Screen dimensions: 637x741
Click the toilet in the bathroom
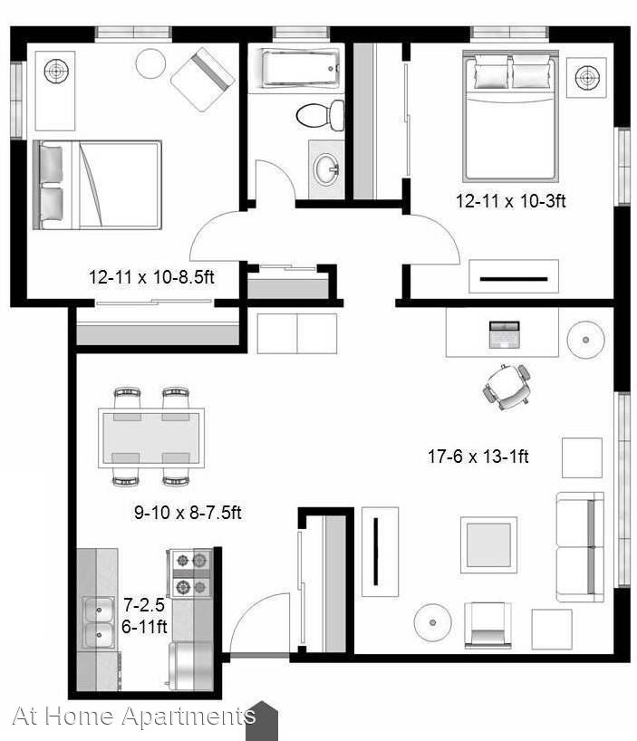[320, 115]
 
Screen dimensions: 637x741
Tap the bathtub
[300, 69]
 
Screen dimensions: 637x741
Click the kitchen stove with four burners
[189, 573]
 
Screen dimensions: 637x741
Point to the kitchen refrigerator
[190, 665]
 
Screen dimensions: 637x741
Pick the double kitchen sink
[99, 622]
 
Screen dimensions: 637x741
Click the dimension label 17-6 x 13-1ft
[478, 457]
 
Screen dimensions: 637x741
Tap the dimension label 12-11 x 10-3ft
[510, 201]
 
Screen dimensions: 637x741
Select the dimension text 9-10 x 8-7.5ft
[188, 513]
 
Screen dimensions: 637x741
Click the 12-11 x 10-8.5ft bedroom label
[151, 276]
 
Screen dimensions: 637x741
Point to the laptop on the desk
[504, 334]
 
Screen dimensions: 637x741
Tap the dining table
[151, 438]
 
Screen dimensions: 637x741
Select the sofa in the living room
[580, 547]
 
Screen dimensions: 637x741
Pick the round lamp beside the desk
[586, 340]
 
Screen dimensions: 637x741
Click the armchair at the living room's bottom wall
[487, 625]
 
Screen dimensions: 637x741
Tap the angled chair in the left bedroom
[202, 79]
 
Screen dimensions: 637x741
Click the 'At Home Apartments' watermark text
[134, 716]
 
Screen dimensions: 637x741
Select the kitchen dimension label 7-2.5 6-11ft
[144, 616]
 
